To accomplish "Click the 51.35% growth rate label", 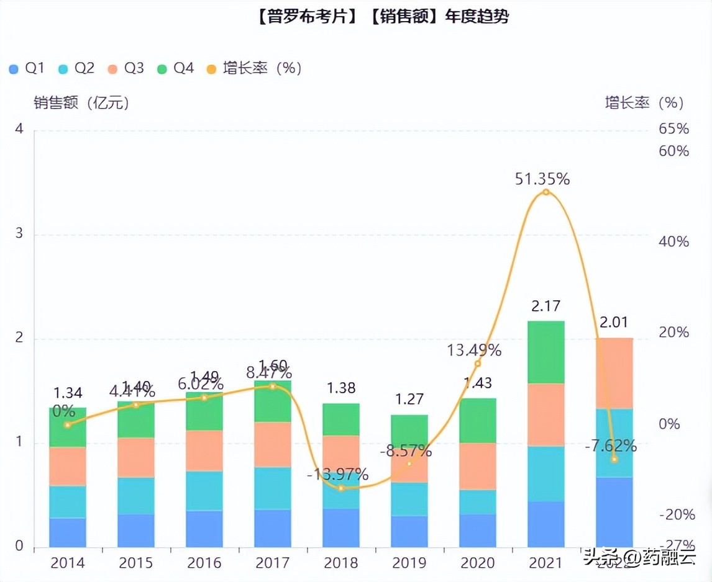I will (542, 179).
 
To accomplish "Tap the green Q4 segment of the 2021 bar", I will (545, 352).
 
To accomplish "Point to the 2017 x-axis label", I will (272, 563).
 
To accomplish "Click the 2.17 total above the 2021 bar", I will (545, 307).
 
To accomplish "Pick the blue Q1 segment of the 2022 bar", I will (614, 511).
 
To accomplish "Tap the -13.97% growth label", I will (337, 475).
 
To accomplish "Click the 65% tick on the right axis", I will (673, 129).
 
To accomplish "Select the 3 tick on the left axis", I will (19, 234).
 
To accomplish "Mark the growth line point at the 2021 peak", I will (546, 192).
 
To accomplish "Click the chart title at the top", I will (381, 17).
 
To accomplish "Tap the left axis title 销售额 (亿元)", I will (81, 103).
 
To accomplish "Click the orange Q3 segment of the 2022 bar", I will (614, 373).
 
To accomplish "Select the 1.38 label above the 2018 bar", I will (340, 388).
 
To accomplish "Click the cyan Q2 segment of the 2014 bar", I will (67, 501).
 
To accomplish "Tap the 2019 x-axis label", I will (409, 563).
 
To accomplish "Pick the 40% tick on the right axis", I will (673, 241).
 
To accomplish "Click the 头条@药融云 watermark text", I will (639, 557).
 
